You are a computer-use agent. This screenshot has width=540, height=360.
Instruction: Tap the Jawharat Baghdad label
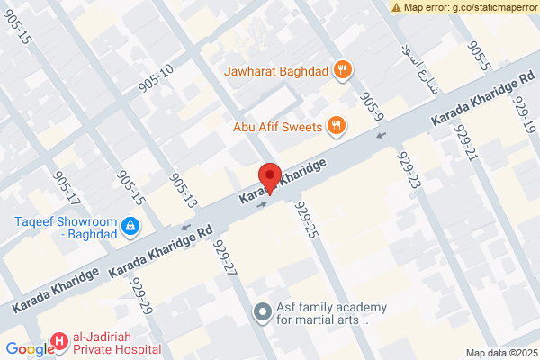[x=283, y=68]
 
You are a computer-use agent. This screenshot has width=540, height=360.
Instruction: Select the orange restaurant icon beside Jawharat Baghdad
[x=342, y=69]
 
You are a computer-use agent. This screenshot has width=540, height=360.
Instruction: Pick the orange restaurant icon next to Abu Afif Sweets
[x=336, y=126]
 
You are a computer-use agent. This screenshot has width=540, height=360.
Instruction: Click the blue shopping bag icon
[x=130, y=224]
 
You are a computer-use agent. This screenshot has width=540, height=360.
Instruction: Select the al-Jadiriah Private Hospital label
[x=118, y=343]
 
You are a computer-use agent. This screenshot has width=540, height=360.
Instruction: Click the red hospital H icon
[x=59, y=341]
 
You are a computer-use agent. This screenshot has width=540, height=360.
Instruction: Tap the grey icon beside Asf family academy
[x=262, y=312]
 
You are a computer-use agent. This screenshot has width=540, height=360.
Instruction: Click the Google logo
[x=30, y=350]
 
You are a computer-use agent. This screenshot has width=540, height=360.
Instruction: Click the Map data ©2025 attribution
[x=500, y=352]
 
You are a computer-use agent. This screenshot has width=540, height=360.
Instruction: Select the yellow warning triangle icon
[x=396, y=7]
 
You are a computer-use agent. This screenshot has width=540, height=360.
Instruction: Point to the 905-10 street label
[x=155, y=77]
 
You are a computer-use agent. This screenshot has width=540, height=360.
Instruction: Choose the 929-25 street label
[x=306, y=220]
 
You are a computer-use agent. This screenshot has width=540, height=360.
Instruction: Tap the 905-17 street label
[x=67, y=187]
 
